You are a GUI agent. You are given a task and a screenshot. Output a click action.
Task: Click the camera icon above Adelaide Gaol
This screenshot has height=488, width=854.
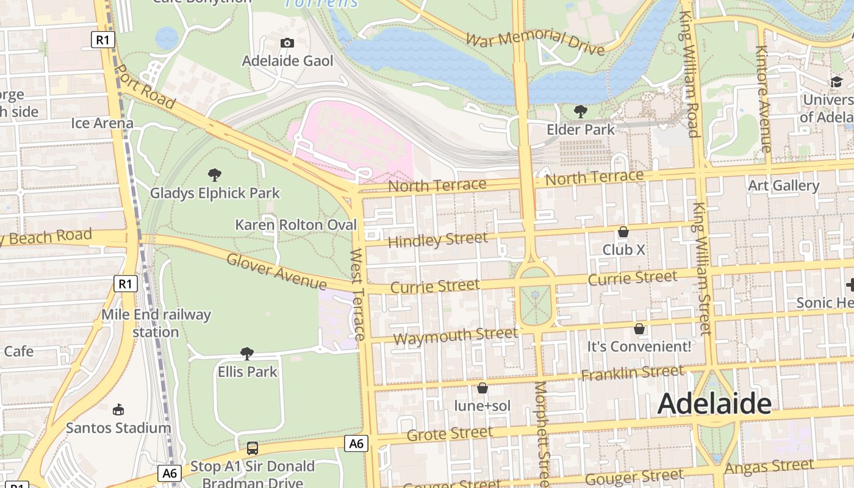287,43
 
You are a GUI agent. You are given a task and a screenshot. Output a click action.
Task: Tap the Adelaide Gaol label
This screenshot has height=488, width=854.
287,61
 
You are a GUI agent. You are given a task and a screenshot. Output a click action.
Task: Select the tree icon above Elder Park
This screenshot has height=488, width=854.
581,111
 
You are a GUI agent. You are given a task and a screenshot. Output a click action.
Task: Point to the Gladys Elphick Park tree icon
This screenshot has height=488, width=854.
214,175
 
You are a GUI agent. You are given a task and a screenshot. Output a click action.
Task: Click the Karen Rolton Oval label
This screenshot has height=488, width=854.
296,224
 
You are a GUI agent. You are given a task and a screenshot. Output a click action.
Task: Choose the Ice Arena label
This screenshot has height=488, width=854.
102,123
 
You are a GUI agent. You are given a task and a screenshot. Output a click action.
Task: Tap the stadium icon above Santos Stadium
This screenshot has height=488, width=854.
118,409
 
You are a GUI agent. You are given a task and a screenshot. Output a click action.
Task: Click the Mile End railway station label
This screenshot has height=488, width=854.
156,323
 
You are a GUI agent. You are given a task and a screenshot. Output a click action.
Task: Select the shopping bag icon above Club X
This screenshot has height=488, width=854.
623,232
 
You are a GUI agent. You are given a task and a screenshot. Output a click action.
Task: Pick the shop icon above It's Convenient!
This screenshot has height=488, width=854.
639,329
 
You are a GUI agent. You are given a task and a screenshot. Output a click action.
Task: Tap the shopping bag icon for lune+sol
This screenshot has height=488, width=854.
482,388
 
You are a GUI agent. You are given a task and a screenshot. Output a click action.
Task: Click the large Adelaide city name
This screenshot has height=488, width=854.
714,404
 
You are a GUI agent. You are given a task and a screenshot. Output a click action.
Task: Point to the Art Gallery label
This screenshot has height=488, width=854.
783,185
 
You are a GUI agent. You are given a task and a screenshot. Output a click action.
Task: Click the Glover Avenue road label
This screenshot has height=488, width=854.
276,271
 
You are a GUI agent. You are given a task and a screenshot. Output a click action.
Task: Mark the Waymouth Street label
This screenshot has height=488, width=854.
455,335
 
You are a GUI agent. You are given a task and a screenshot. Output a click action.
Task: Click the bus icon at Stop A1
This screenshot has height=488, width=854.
252,448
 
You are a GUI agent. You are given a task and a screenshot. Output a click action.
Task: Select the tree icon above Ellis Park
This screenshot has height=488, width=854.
247,354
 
